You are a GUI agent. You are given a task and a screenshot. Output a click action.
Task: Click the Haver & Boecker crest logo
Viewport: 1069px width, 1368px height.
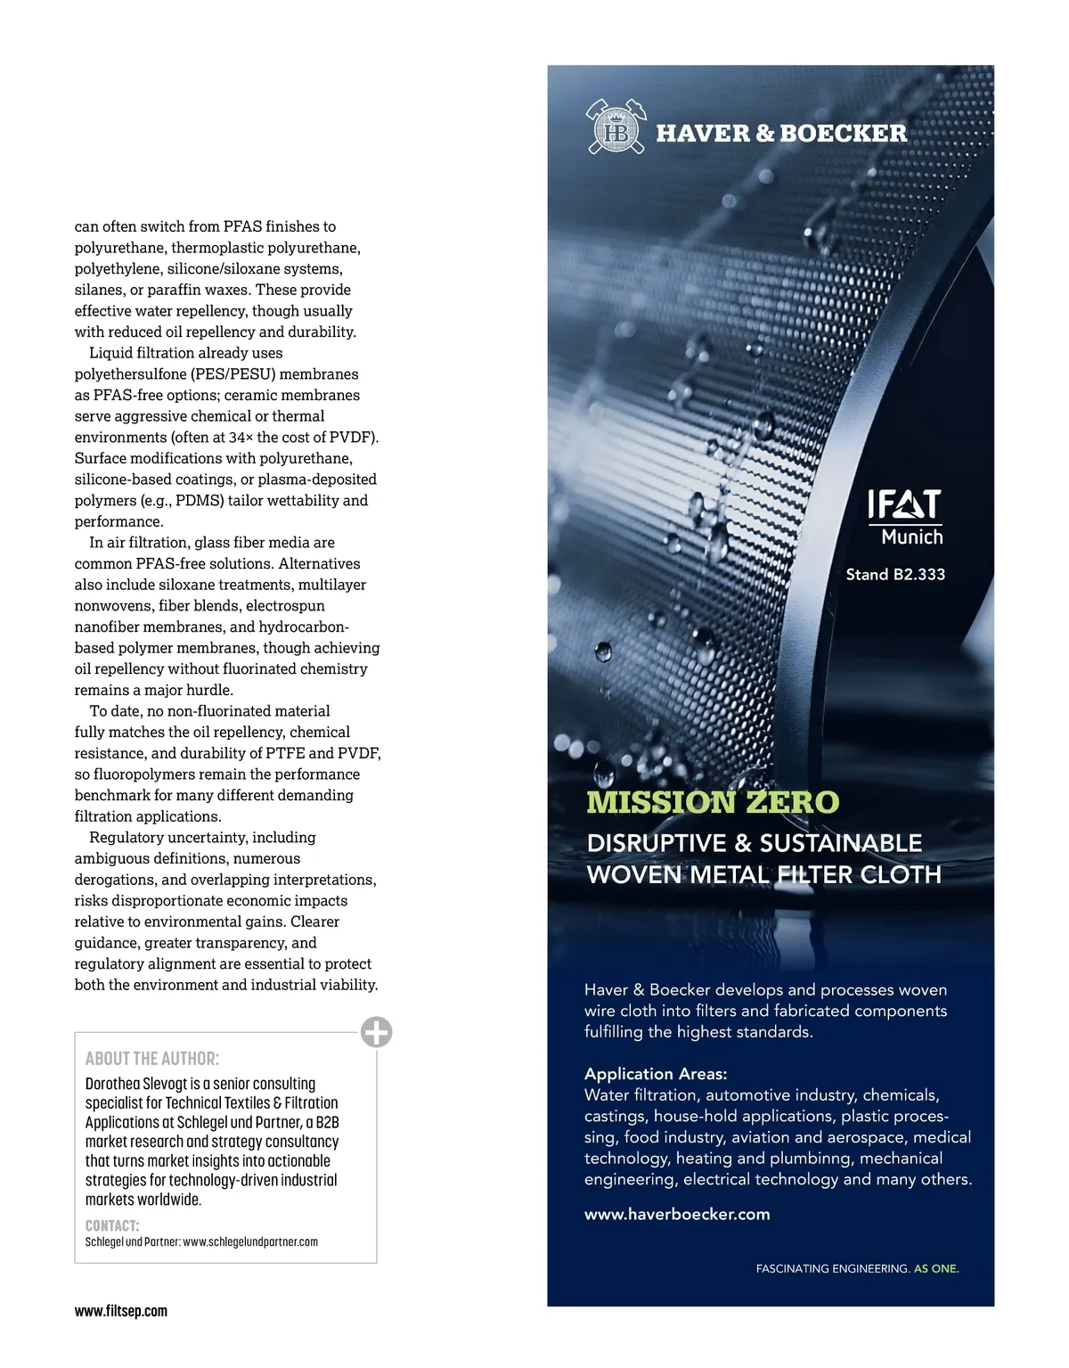pyautogui.click(x=615, y=128)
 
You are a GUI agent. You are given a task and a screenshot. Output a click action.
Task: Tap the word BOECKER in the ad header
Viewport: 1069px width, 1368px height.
pyautogui.click(x=843, y=134)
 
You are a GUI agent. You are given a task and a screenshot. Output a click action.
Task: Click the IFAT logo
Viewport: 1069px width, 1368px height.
pyautogui.click(x=903, y=504)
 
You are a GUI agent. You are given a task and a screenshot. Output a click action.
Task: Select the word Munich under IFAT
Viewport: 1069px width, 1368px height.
pyautogui.click(x=911, y=537)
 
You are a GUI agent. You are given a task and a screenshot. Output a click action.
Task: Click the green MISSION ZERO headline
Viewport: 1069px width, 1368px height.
pyautogui.click(x=713, y=802)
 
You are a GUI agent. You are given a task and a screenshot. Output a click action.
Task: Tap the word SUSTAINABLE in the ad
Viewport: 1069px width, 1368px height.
pyautogui.click(x=842, y=843)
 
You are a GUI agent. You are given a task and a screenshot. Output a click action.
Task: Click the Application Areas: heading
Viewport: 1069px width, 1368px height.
pyautogui.click(x=656, y=1074)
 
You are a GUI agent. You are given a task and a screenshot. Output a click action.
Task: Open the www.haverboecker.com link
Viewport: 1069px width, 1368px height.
pyautogui.click(x=677, y=1214)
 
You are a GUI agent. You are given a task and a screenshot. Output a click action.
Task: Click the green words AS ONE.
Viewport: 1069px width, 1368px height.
pyautogui.click(x=936, y=1268)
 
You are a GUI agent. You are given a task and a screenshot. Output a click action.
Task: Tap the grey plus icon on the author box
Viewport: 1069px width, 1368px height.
pyautogui.click(x=377, y=1032)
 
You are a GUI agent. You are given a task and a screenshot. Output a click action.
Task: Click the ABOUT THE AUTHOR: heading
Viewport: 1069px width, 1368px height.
pyautogui.click(x=152, y=1059)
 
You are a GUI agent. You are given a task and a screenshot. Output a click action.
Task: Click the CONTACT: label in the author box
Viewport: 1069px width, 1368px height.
pyautogui.click(x=112, y=1225)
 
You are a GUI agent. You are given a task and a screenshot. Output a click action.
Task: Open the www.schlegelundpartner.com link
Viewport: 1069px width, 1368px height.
pyautogui.click(x=250, y=1241)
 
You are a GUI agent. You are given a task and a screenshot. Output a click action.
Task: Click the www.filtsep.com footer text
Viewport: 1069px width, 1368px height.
pyautogui.click(x=121, y=1311)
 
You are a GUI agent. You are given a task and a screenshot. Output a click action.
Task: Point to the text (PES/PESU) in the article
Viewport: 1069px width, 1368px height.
pyautogui.click(x=233, y=374)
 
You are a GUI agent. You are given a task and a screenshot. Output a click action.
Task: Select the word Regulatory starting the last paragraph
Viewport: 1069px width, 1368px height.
pyautogui.click(x=126, y=838)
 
